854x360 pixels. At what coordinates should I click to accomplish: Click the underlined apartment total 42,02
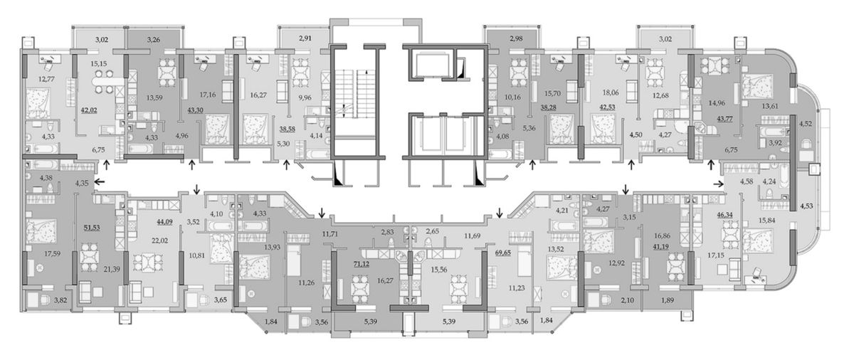coord(89,110)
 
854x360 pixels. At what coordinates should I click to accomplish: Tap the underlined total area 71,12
coord(362,264)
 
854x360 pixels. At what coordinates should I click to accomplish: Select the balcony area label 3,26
coord(154,39)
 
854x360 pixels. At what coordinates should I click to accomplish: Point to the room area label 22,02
coord(159,240)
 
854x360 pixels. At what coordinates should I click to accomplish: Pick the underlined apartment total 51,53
coord(92,228)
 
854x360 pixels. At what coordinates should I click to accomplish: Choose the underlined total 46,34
coord(724,215)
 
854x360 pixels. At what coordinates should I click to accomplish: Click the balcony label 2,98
coord(516,38)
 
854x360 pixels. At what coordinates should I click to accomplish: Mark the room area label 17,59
coord(52,253)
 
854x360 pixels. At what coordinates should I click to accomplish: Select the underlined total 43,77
coord(724,119)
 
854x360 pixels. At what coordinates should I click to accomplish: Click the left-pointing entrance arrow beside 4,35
coord(100,181)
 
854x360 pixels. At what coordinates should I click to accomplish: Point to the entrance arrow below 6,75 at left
coord(106,165)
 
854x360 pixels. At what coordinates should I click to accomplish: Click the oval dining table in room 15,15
coord(104,81)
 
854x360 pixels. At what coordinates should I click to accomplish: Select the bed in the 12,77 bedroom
coord(38,103)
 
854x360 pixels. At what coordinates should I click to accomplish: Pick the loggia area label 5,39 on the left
coord(370,322)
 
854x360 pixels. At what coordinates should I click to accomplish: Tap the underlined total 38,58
coord(287,129)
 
